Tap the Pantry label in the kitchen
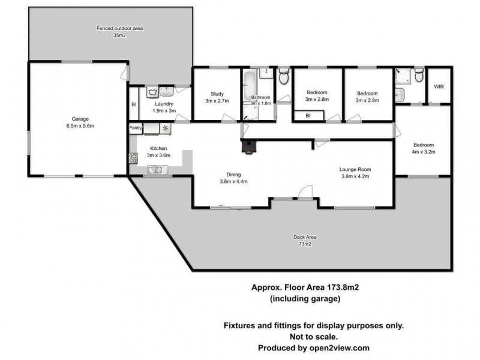(136, 128)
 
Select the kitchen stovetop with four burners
(133, 158)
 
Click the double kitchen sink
(157, 170)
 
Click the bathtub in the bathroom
(248, 90)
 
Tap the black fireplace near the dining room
(248, 147)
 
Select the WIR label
(439, 87)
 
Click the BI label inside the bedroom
(308, 115)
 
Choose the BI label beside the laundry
(134, 105)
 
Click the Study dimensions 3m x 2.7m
(217, 101)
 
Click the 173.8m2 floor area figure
(338, 287)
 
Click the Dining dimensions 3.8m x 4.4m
(233, 181)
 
